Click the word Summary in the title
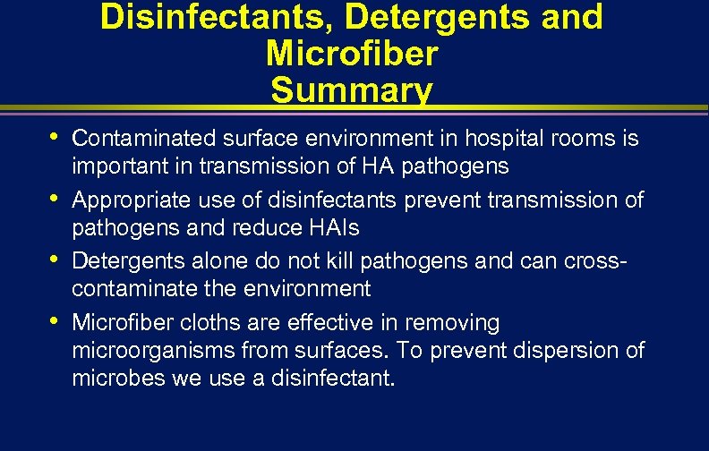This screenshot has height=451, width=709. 352,89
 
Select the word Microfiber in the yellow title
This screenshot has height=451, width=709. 352,53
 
